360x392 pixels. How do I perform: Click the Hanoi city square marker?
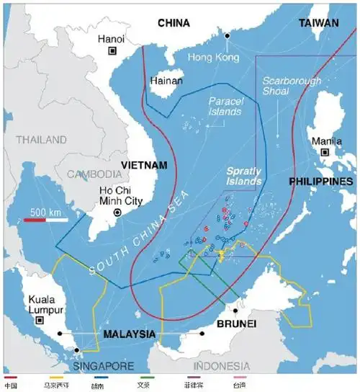(x=112, y=51)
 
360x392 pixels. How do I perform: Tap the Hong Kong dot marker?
(x=228, y=35)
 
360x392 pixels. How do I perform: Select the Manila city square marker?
(x=325, y=152)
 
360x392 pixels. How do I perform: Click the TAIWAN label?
(x=318, y=23)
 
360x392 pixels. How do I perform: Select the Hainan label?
(x=166, y=81)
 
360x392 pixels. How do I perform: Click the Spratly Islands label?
(x=245, y=176)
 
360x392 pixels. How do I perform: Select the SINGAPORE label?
(x=101, y=366)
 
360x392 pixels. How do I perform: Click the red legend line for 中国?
(x=10, y=378)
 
